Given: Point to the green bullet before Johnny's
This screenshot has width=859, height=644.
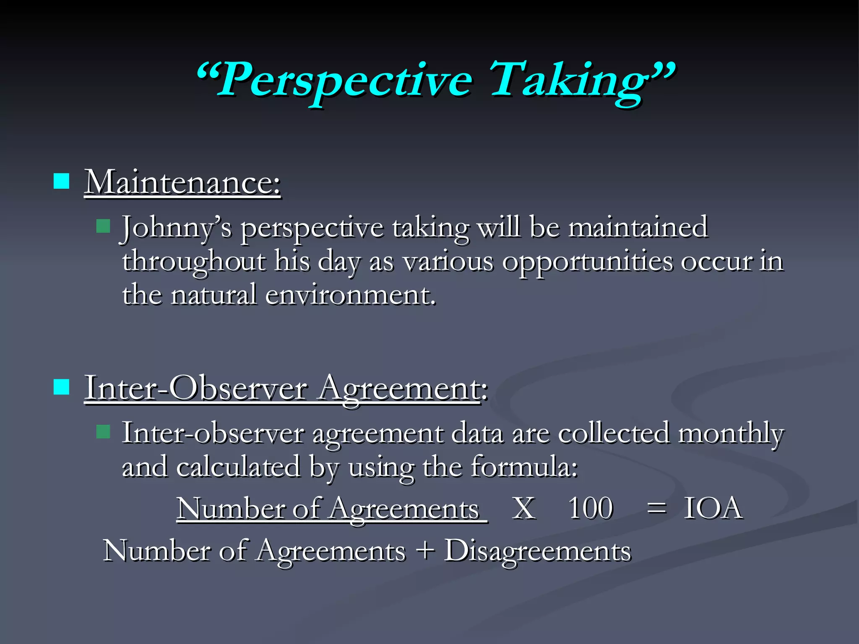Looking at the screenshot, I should click(x=103, y=226).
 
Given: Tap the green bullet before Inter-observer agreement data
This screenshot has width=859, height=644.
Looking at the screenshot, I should click(x=103, y=431).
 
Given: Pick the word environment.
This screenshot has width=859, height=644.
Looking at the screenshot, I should click(x=350, y=295).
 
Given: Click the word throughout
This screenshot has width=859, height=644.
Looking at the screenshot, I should click(x=194, y=262).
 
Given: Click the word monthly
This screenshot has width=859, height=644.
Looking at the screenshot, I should click(x=731, y=434).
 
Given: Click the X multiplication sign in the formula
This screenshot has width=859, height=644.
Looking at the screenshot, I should click(x=523, y=509).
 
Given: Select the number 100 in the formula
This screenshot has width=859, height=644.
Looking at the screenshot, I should click(x=591, y=509).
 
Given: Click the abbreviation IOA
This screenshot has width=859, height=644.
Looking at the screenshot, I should click(x=713, y=509).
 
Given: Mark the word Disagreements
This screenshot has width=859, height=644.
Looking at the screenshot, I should click(x=537, y=551).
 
